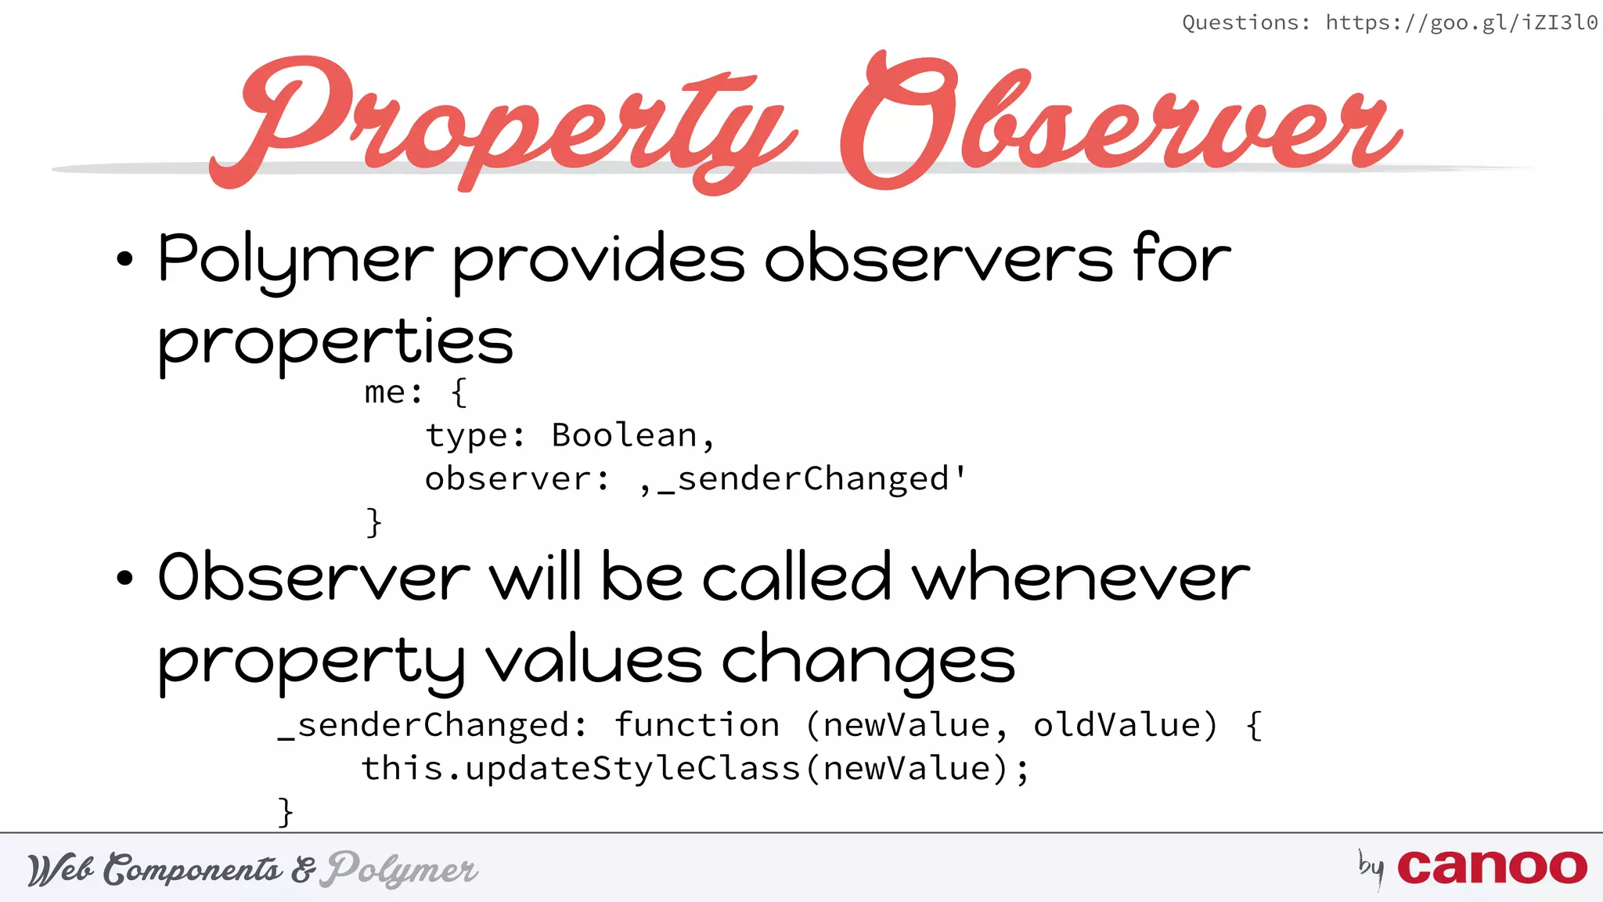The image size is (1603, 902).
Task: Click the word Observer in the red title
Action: (x=1119, y=121)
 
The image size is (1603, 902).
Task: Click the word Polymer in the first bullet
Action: (x=295, y=260)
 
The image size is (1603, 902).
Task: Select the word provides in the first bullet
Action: (x=599, y=260)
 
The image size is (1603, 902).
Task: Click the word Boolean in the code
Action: (x=624, y=435)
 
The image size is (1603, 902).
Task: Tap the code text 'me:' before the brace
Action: (x=393, y=392)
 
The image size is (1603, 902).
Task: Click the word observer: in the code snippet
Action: (x=517, y=479)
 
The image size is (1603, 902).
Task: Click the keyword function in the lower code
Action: (x=697, y=725)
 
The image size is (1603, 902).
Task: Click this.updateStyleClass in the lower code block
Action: (x=581, y=769)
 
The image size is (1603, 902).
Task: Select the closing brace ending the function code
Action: (x=286, y=812)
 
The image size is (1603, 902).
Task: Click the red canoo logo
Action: (x=1492, y=868)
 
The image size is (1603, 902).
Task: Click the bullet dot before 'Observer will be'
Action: (x=124, y=579)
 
